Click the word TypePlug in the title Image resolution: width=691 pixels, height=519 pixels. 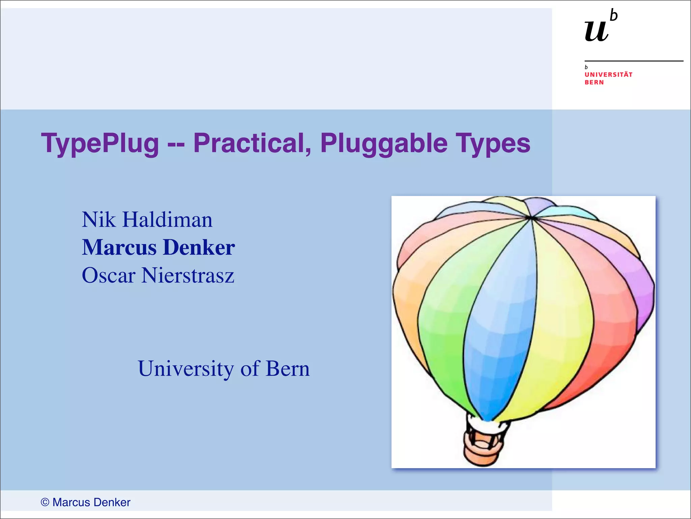100,144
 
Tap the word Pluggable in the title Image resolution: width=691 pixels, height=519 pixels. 384,144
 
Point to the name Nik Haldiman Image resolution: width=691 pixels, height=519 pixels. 147,220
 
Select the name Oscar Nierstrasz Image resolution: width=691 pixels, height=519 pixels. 158,275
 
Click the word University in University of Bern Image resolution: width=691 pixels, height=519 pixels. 186,368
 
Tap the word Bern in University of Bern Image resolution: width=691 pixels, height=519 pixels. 287,368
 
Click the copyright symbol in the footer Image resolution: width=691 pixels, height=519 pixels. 45,502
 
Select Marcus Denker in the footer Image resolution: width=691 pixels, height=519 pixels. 91,502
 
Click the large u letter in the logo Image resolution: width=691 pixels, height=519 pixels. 597,31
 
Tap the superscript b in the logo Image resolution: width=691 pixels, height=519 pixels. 614,16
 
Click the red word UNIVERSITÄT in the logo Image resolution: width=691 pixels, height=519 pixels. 608,74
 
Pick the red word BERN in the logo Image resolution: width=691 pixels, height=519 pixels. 594,82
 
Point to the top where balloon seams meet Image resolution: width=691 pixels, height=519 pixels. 532,218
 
